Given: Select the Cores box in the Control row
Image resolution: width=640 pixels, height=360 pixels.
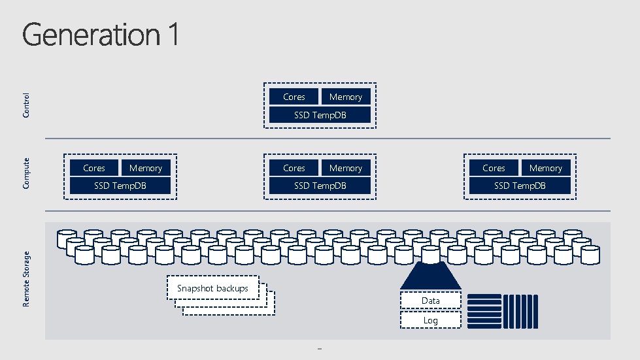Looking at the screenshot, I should click(x=294, y=97).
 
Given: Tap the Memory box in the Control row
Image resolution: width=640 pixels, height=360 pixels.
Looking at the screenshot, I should click(x=346, y=97).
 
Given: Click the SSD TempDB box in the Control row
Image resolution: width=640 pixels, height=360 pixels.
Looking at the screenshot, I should click(x=320, y=115).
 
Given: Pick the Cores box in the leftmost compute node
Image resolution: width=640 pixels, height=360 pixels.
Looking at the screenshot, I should click(x=94, y=168).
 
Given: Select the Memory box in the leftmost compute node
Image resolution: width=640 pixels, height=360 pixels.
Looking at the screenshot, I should click(x=146, y=168).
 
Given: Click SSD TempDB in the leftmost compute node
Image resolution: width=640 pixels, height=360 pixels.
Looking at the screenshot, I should click(x=120, y=186).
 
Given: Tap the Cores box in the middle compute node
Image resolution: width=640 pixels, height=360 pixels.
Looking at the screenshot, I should click(x=294, y=168).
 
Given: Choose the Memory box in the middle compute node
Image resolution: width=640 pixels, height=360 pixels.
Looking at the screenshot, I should click(x=346, y=168).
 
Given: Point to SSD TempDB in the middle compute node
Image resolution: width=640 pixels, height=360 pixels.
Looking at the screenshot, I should click(x=320, y=186).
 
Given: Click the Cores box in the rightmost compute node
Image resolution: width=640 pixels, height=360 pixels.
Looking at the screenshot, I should click(x=494, y=168).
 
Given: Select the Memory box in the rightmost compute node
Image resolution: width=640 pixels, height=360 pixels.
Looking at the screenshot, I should click(x=546, y=168).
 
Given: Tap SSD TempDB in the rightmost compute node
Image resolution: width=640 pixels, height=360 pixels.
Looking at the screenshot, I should click(x=520, y=186).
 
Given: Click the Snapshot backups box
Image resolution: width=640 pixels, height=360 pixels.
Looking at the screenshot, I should click(x=213, y=288).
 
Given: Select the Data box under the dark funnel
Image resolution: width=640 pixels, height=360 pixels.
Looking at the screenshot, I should click(x=430, y=301).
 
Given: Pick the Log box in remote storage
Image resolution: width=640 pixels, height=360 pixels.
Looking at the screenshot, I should click(x=430, y=320).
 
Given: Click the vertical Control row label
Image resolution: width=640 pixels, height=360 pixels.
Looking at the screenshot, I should click(x=26, y=105).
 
